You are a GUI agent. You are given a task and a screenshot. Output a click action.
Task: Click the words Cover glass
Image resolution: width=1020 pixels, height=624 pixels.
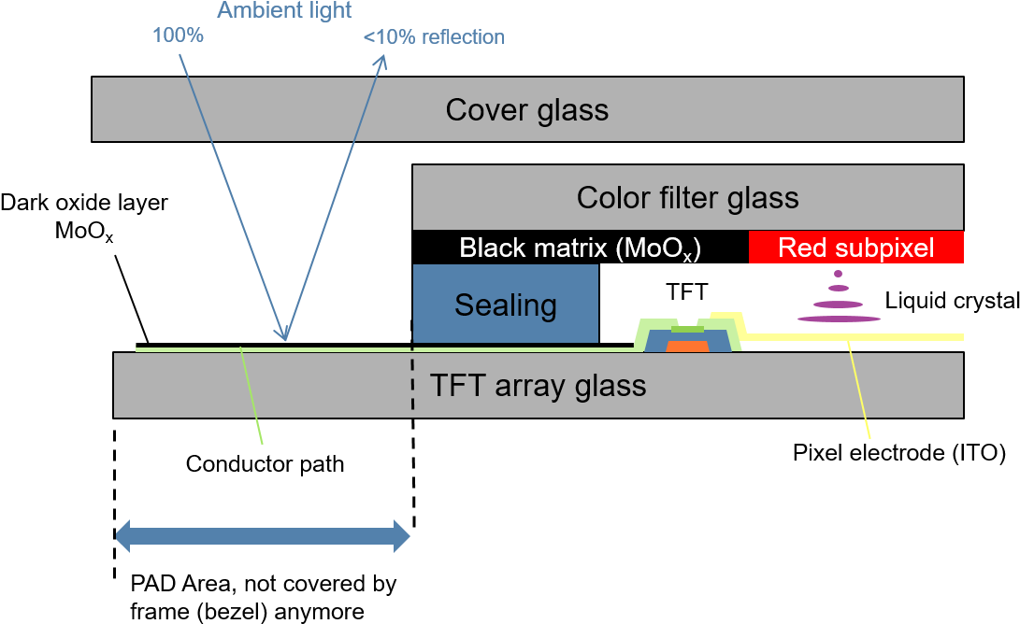pos(526,110)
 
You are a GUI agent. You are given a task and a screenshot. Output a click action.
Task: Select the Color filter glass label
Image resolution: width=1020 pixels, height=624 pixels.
pos(687,198)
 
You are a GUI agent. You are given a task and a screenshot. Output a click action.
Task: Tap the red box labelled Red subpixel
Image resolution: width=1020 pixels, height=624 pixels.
pos(855,248)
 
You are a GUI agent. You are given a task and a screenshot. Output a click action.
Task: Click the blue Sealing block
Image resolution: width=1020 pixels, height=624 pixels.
pos(505,305)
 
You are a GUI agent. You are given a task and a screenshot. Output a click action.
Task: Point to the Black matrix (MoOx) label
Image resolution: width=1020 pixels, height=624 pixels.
pos(580,248)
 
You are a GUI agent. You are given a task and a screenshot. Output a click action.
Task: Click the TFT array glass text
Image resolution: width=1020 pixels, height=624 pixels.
pos(538,386)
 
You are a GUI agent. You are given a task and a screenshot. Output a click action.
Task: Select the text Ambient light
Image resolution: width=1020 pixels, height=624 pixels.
pos(284,11)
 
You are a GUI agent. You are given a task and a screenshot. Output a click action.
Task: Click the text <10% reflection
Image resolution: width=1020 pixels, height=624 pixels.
pos(434,37)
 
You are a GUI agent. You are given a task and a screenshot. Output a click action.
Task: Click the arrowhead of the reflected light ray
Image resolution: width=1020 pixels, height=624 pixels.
pos(381,62)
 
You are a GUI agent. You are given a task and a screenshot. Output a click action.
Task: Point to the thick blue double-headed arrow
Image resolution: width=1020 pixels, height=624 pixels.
pos(263,536)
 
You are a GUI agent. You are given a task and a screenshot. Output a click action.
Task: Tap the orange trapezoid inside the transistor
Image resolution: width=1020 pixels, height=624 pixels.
pos(687,347)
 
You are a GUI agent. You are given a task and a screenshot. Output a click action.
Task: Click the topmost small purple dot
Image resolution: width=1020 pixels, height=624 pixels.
pos(838,274)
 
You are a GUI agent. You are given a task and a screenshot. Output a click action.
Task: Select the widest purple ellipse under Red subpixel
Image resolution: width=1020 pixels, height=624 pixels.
pos(839,319)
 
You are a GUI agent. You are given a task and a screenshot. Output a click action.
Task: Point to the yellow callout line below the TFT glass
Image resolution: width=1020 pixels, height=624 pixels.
pos(860,392)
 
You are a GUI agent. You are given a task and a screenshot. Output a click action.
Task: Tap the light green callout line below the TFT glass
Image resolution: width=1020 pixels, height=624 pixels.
pos(252,397)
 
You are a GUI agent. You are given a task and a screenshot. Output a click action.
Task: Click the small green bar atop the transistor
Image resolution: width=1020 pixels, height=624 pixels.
pos(687,329)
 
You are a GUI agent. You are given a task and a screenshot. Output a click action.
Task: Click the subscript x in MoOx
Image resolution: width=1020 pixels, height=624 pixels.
pos(686,257)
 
